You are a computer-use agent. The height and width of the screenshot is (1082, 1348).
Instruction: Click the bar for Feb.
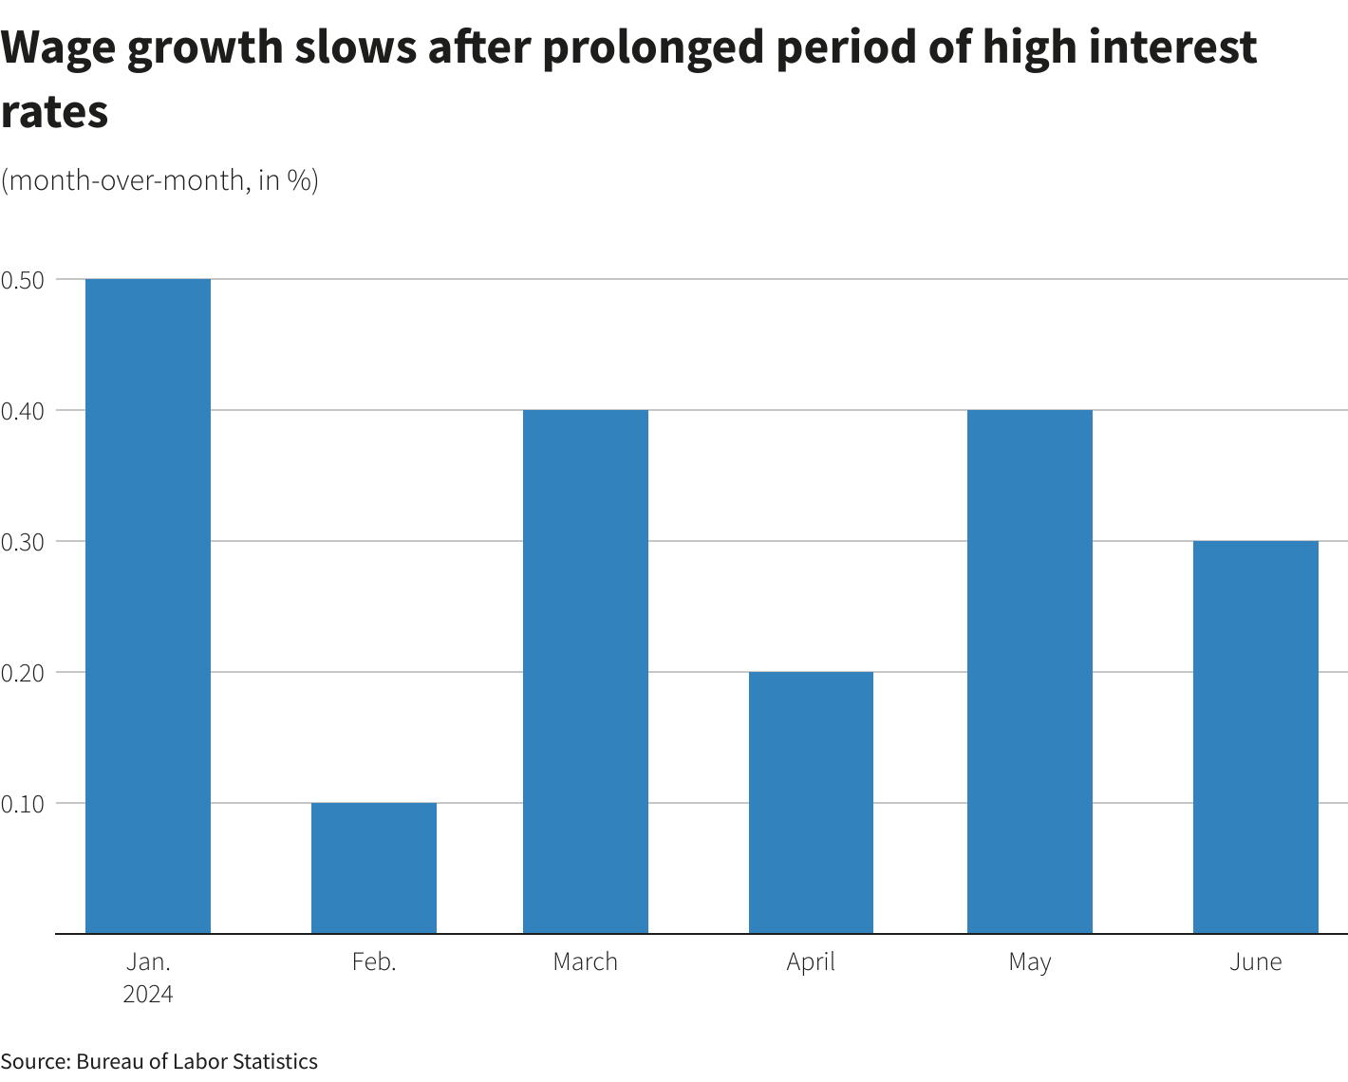[374, 867]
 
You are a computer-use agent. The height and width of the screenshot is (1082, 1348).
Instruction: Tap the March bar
[586, 671]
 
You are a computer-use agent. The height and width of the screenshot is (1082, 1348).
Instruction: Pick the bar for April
[811, 802]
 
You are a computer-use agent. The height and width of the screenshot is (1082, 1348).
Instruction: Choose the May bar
[1030, 671]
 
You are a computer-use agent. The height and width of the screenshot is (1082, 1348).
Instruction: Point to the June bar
[1255, 737]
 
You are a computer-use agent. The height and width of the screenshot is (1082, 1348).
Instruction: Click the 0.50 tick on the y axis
[23, 280]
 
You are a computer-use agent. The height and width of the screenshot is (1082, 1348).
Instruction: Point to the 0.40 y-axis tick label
[23, 411]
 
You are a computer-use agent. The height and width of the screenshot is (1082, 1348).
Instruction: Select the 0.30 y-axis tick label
[23, 542]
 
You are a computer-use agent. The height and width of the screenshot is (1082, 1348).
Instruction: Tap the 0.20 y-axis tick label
[23, 673]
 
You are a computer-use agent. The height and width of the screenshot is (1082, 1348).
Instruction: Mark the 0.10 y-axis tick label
[23, 804]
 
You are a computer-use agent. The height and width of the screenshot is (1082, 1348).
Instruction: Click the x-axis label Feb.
[374, 961]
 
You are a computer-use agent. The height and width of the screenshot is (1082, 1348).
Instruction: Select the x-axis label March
[586, 961]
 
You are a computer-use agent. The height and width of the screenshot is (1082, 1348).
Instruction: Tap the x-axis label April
[811, 962]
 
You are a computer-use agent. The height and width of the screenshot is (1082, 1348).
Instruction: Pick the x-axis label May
[1030, 962]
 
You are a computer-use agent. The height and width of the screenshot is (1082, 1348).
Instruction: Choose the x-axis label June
[1255, 961]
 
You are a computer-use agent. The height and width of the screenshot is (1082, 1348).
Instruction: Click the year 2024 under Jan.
[148, 994]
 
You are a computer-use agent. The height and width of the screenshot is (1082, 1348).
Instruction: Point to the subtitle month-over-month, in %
[159, 179]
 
